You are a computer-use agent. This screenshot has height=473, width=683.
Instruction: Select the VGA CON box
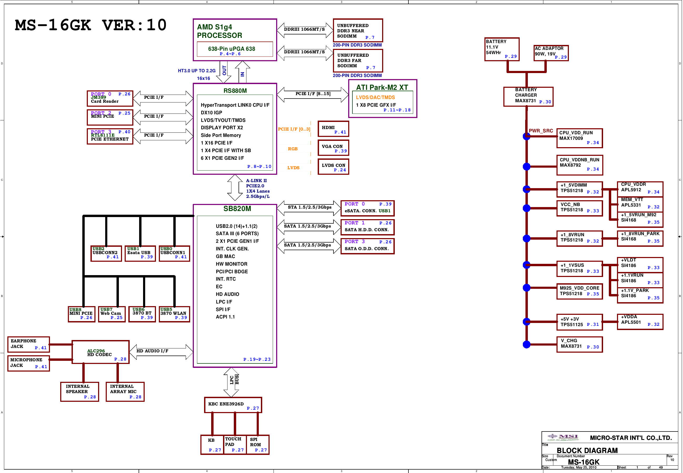333,148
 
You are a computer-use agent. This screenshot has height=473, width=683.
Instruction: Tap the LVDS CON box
333,167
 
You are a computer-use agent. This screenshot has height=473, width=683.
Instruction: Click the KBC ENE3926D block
233,405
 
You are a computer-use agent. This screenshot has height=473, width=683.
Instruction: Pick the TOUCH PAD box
235,445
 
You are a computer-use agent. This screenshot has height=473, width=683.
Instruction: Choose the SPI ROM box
258,445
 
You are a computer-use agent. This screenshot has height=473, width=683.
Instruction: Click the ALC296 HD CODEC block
100,352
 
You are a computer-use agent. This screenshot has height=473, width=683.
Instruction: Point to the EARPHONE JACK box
28,345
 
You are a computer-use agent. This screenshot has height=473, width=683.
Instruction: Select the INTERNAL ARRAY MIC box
125,392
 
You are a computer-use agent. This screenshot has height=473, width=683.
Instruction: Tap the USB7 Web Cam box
112,314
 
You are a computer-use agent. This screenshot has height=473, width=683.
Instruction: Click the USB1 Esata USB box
140,253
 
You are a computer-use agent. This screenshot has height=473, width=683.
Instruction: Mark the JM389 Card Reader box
110,98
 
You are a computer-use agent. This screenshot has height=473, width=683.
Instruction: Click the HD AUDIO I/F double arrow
161,352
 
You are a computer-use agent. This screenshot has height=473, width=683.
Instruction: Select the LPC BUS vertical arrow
231,382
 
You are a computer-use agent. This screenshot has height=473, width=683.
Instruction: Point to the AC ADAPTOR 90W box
551,53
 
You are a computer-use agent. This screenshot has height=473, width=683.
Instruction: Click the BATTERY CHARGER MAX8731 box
528,97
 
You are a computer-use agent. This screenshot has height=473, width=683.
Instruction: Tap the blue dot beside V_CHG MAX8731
527,345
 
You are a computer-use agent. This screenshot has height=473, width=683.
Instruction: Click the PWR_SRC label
541,131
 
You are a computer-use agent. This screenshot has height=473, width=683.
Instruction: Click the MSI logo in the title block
563,437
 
